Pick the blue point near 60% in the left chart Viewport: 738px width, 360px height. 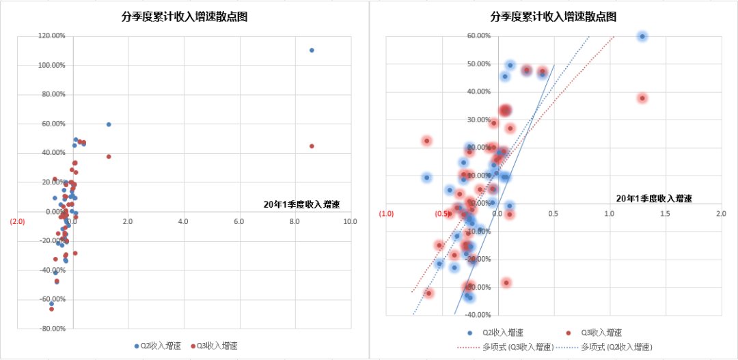(x=109, y=124)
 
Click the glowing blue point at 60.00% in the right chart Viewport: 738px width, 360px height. (x=642, y=36)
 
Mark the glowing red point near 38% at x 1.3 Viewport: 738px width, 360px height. (x=642, y=98)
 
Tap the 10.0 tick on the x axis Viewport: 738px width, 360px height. (x=351, y=222)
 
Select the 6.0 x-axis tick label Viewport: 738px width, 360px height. (x=238, y=222)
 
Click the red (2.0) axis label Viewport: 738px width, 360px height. (x=17, y=221)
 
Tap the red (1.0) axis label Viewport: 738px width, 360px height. (x=386, y=214)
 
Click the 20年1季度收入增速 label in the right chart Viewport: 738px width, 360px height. (x=653, y=199)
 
